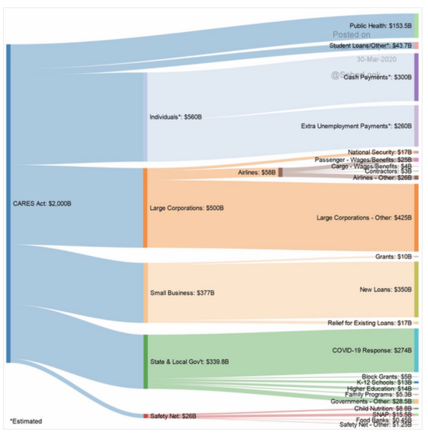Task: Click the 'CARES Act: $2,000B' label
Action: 42,203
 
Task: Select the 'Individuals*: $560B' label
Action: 176,117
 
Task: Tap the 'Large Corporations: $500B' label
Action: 187,208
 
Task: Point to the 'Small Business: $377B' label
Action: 182,293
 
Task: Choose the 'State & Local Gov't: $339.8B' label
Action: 189,362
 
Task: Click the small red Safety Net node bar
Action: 146,416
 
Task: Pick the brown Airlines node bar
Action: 280,172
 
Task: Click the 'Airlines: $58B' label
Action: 257,172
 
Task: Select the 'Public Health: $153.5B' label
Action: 380,26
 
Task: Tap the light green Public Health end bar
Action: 416,26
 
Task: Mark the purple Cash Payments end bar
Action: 416,77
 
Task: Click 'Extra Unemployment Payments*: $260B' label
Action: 356,126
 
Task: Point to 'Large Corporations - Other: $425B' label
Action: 364,218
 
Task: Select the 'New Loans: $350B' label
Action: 386,289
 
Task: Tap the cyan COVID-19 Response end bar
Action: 416,350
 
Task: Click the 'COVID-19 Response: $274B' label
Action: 372,350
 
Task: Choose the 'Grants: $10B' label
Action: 393,256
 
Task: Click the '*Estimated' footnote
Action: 26,421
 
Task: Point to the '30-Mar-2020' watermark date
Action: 376,59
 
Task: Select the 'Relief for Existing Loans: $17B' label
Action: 369,323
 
